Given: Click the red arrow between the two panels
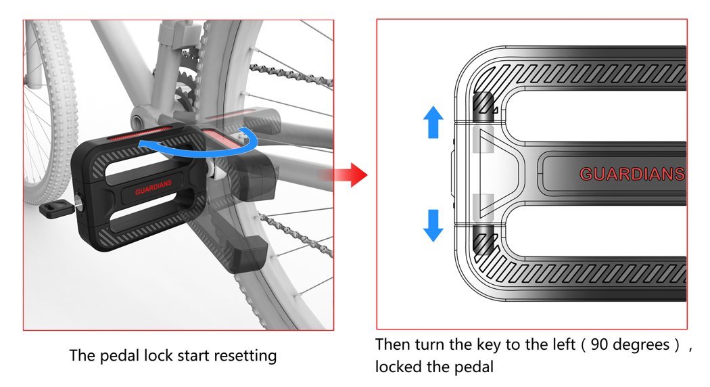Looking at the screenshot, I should click(352, 176).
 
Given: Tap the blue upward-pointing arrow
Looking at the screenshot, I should click(433, 124).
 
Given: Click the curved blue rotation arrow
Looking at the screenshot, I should click(203, 143).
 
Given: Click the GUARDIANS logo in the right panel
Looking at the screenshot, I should click(632, 175).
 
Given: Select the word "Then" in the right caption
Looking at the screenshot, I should click(392, 344).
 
